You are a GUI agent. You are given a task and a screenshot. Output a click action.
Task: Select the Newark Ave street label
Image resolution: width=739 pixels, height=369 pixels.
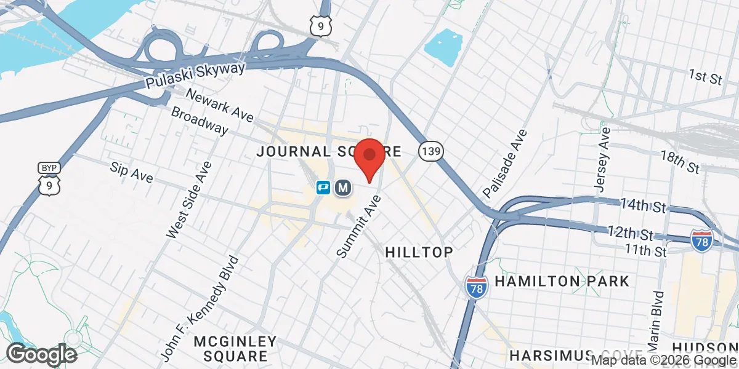(219, 106)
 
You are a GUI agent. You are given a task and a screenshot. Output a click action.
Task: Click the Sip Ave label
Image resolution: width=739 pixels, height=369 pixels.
(131, 172)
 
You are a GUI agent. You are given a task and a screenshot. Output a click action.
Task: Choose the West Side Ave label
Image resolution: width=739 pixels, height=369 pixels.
(189, 200)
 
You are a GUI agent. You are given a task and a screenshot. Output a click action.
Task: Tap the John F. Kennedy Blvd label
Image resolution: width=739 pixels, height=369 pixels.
(198, 307)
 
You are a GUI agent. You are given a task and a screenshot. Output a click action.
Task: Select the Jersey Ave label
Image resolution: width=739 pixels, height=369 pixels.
(601, 159)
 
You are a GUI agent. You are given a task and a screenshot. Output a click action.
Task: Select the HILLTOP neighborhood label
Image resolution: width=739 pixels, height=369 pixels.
(419, 252)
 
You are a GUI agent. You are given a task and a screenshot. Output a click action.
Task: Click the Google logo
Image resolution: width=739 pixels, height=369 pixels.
(41, 354)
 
